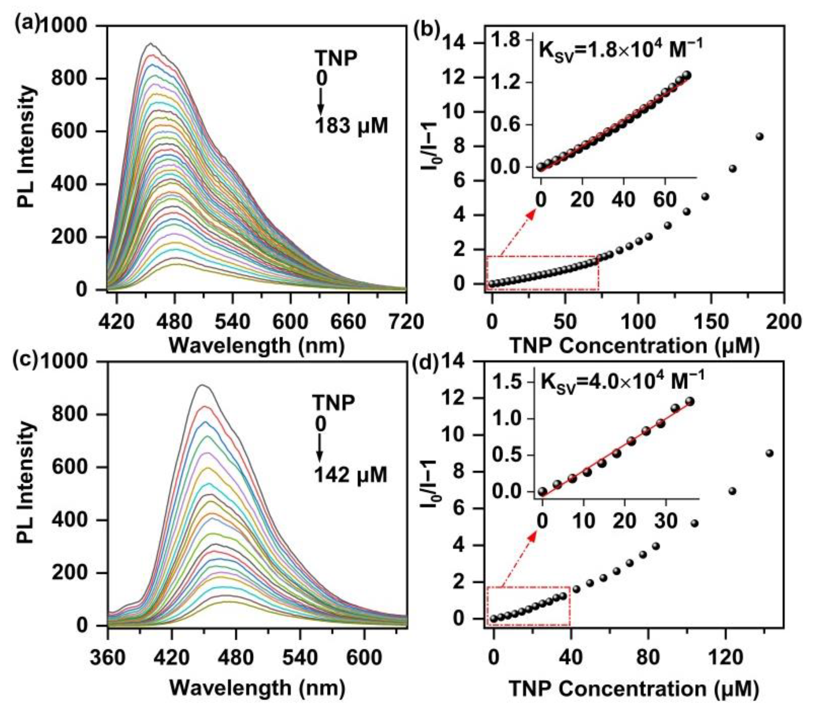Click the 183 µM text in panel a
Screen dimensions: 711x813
click(x=351, y=126)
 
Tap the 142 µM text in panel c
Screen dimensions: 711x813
click(x=350, y=474)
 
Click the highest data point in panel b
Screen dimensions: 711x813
click(x=760, y=136)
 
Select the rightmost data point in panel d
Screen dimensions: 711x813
click(x=769, y=453)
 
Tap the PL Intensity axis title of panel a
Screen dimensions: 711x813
click(x=27, y=147)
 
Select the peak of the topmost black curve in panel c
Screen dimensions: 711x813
click(x=202, y=385)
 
